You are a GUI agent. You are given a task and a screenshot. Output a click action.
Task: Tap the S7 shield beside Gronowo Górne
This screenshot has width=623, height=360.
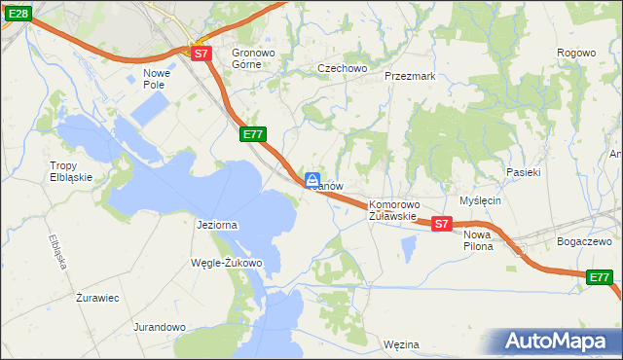[201, 54]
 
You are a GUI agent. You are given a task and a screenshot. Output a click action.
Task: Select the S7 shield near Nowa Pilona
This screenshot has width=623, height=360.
[441, 224]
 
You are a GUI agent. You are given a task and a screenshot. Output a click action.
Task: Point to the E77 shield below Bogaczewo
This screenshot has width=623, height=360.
[601, 278]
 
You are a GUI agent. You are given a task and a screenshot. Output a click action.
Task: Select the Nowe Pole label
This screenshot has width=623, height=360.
[156, 79]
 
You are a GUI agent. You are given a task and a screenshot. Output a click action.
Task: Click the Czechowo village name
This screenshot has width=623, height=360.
[342, 68]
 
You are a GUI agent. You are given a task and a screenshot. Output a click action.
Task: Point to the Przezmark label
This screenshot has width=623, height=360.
[409, 75]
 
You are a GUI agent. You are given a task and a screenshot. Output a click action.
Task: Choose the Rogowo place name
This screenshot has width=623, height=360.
[576, 53]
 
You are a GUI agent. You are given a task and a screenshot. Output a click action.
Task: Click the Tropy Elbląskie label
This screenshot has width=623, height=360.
[71, 171]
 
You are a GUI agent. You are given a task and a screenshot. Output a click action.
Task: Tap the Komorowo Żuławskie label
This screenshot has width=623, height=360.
[393, 210]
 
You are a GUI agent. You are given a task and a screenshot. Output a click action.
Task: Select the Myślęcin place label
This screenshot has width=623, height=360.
[480, 200]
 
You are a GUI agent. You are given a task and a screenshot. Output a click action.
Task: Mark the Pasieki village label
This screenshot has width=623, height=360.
[523, 171]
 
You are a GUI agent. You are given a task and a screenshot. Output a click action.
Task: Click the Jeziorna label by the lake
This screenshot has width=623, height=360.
[217, 225]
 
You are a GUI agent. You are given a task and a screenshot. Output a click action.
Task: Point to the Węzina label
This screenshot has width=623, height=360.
[401, 344]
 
